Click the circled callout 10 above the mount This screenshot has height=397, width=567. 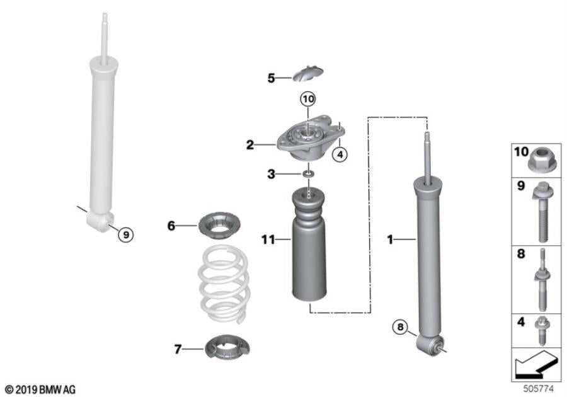point(307,100)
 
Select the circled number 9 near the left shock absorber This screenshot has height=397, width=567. point(126,234)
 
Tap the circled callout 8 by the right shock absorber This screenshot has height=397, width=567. point(398,326)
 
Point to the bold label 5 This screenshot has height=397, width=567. point(271,78)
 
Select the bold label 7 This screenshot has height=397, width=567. point(178,347)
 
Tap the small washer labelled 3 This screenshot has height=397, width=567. point(308,174)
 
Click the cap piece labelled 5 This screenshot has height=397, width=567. point(308,74)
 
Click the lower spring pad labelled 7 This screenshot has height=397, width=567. point(224,347)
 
